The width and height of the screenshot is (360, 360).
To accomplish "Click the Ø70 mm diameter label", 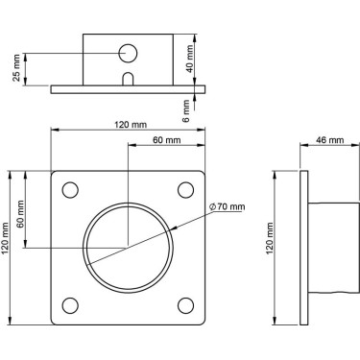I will click(228, 206).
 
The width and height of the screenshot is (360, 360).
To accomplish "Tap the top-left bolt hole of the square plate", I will click(69, 189).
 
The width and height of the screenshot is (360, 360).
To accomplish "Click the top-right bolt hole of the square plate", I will click(185, 189).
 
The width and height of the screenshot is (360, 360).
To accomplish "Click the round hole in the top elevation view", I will click(128, 53).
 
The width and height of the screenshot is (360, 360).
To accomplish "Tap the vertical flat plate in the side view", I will click(306, 248).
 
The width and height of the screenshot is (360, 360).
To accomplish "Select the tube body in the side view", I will click(332, 248).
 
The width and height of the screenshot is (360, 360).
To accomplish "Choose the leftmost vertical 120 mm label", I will click(8, 248).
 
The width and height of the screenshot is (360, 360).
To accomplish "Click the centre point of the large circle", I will click(128, 248).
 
